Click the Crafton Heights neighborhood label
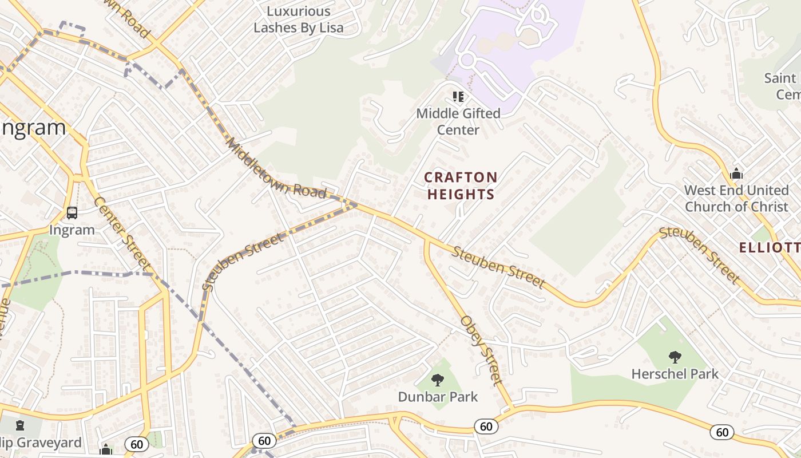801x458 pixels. pyautogui.click(x=461, y=186)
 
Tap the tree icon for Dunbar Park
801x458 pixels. pyautogui.click(x=438, y=380)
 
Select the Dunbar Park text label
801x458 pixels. pyautogui.click(x=438, y=396)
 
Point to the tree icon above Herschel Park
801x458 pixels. pyautogui.click(x=675, y=357)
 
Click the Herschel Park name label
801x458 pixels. pyautogui.click(x=675, y=374)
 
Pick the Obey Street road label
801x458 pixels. pyautogui.click(x=482, y=350)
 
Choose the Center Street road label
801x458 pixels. pyautogui.click(x=121, y=234)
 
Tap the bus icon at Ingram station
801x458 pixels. pyautogui.click(x=72, y=213)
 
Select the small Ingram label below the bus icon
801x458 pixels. pyautogui.click(x=72, y=230)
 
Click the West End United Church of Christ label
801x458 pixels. pyautogui.click(x=736, y=198)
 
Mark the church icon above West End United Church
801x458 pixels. pyautogui.click(x=736, y=173)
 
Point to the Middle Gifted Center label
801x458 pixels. pyautogui.click(x=458, y=121)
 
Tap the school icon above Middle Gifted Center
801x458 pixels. pyautogui.click(x=458, y=96)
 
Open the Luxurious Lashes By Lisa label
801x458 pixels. pyautogui.click(x=299, y=19)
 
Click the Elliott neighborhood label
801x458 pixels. pyautogui.click(x=770, y=248)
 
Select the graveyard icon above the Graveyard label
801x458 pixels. pyautogui.click(x=21, y=425)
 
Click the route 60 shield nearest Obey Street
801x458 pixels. pyautogui.click(x=486, y=426)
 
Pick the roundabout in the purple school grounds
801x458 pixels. pyautogui.click(x=467, y=59)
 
